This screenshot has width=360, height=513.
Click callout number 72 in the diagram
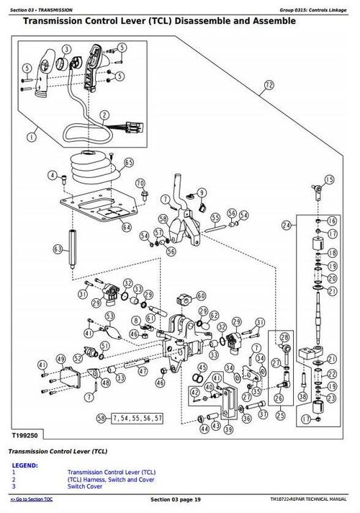(x=269, y=85)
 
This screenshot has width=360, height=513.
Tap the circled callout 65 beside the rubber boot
(x=129, y=164)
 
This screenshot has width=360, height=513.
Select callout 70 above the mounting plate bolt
(x=140, y=183)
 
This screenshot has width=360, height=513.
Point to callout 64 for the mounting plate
(x=127, y=228)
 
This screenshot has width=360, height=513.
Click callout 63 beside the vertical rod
(x=58, y=249)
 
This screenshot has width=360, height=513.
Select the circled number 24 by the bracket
(x=287, y=226)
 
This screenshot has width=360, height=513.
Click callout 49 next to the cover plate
(x=58, y=359)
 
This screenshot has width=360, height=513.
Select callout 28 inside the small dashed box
(x=284, y=337)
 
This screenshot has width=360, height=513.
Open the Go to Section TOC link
(x=35, y=500)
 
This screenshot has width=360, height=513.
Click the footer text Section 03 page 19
(x=179, y=500)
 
